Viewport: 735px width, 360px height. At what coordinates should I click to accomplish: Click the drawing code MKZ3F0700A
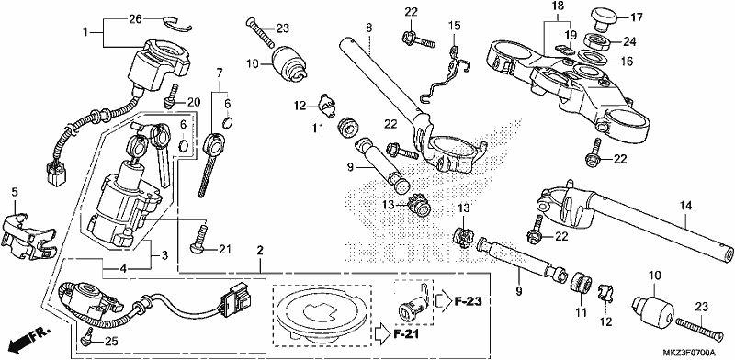coord(688,353)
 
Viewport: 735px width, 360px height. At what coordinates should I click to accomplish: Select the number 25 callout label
coord(111,342)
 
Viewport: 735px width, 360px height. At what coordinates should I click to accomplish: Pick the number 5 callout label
coord(15,191)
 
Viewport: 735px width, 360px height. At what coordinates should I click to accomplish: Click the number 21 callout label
coord(225,250)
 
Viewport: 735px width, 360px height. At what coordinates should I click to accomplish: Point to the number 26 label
coord(135,19)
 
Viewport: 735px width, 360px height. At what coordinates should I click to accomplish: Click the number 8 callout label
coord(369,28)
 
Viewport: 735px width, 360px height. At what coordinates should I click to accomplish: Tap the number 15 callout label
coord(455,25)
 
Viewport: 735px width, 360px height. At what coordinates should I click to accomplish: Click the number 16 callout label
coord(627,62)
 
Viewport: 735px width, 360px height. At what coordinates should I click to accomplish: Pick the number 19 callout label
coord(570,34)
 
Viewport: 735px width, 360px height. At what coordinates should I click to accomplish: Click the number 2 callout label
coord(259,250)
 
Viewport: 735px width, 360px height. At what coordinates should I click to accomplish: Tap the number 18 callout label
coord(558,6)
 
